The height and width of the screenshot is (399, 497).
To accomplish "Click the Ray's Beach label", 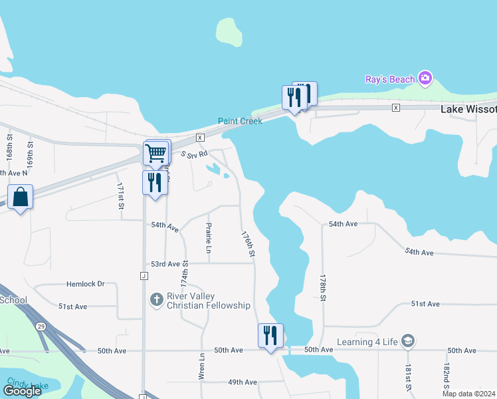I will (390, 80).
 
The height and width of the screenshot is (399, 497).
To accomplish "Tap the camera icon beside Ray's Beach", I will (425, 79).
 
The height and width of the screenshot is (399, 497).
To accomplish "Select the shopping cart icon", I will (155, 153).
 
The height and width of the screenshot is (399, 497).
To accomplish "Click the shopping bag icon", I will (21, 197).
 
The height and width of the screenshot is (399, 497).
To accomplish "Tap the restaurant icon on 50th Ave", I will (270, 336).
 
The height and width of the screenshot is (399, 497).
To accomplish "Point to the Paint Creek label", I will (240, 121).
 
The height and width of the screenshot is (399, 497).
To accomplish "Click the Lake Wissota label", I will (468, 108).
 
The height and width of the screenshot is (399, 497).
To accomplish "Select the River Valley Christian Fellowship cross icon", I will (156, 299).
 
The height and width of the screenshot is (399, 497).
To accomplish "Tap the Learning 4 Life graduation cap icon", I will (408, 342).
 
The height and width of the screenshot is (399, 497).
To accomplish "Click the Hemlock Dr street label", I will (86, 284).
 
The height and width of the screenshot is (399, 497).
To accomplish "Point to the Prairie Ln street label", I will (209, 238).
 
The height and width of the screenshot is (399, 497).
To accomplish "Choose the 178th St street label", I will (323, 288).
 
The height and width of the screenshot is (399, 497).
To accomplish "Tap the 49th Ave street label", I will (243, 382).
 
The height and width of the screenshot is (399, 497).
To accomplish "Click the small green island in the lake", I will (229, 32).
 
